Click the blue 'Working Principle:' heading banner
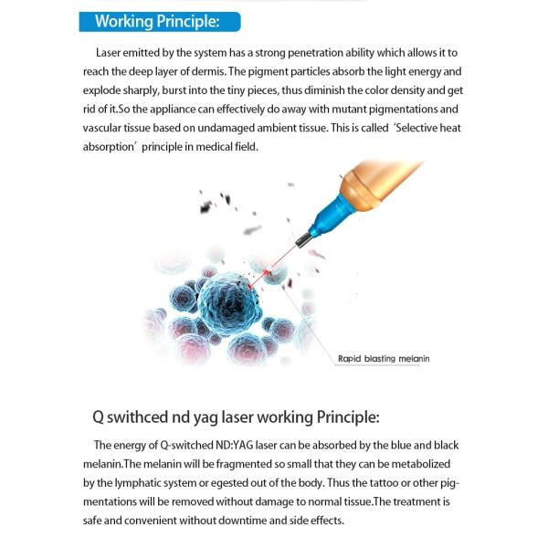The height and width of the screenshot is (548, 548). [x=160, y=22]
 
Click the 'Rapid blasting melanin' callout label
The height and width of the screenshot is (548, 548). [x=383, y=359]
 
